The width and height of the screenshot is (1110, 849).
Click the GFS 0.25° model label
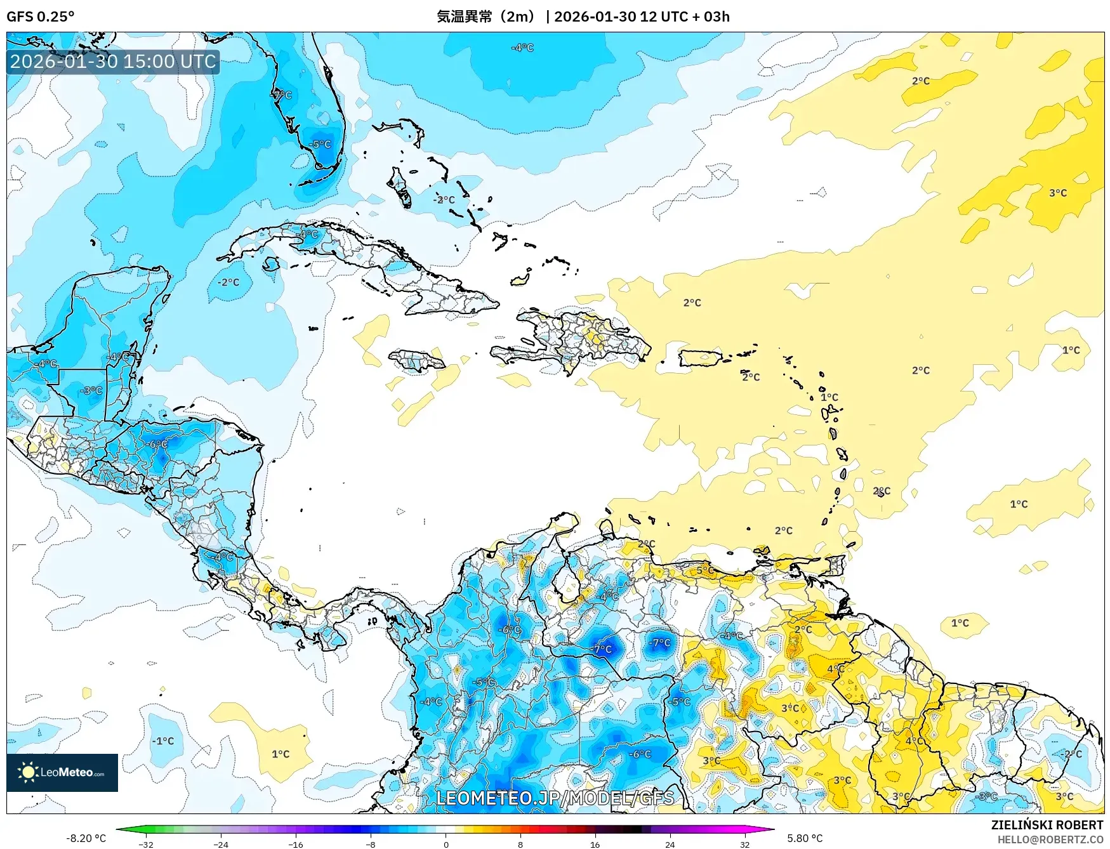[40, 16]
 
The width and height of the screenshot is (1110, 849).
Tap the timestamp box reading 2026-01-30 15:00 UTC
[113, 62]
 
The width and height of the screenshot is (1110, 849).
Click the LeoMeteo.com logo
[62, 772]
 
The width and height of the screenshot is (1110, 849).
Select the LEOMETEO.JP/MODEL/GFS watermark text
[555, 798]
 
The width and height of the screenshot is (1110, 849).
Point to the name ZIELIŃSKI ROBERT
[1047, 825]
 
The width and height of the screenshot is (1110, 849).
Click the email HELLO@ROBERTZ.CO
[1050, 839]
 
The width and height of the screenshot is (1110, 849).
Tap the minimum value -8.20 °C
[86, 838]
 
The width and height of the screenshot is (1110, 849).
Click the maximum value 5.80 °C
[805, 838]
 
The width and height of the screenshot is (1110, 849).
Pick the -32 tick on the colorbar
[146, 844]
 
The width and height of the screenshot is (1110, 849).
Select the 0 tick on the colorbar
[446, 844]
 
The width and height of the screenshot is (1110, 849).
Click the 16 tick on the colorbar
[595, 844]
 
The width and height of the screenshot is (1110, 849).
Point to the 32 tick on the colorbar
[744, 844]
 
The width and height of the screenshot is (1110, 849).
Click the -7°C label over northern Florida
[282, 95]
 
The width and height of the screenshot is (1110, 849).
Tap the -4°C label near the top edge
[522, 48]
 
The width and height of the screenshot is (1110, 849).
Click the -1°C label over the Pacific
[162, 740]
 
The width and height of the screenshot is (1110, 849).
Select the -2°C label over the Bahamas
[444, 199]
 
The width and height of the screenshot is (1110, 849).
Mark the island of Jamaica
[417, 360]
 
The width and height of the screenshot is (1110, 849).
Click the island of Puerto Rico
[701, 358]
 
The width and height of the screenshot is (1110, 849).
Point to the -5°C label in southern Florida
[321, 144]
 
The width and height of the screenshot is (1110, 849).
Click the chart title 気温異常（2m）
[486, 16]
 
